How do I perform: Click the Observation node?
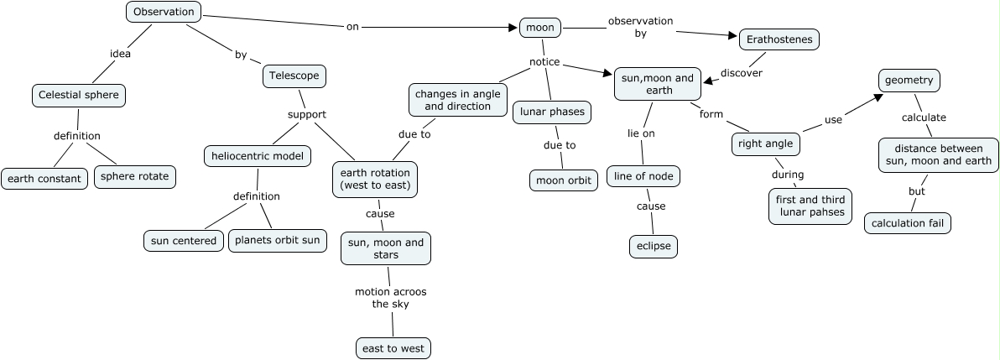point(164,12)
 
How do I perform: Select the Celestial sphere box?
point(80,96)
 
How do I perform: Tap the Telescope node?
point(294,76)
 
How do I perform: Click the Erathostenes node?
point(779,39)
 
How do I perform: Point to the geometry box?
point(909,81)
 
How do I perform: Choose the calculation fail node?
point(909,223)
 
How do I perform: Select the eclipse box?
point(653,247)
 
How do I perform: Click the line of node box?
point(643,176)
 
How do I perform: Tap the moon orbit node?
point(563,180)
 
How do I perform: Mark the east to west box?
point(394,347)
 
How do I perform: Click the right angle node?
point(765,143)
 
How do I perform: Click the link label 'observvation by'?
point(641,27)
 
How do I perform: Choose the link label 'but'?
point(917,191)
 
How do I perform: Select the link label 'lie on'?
point(641,133)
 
